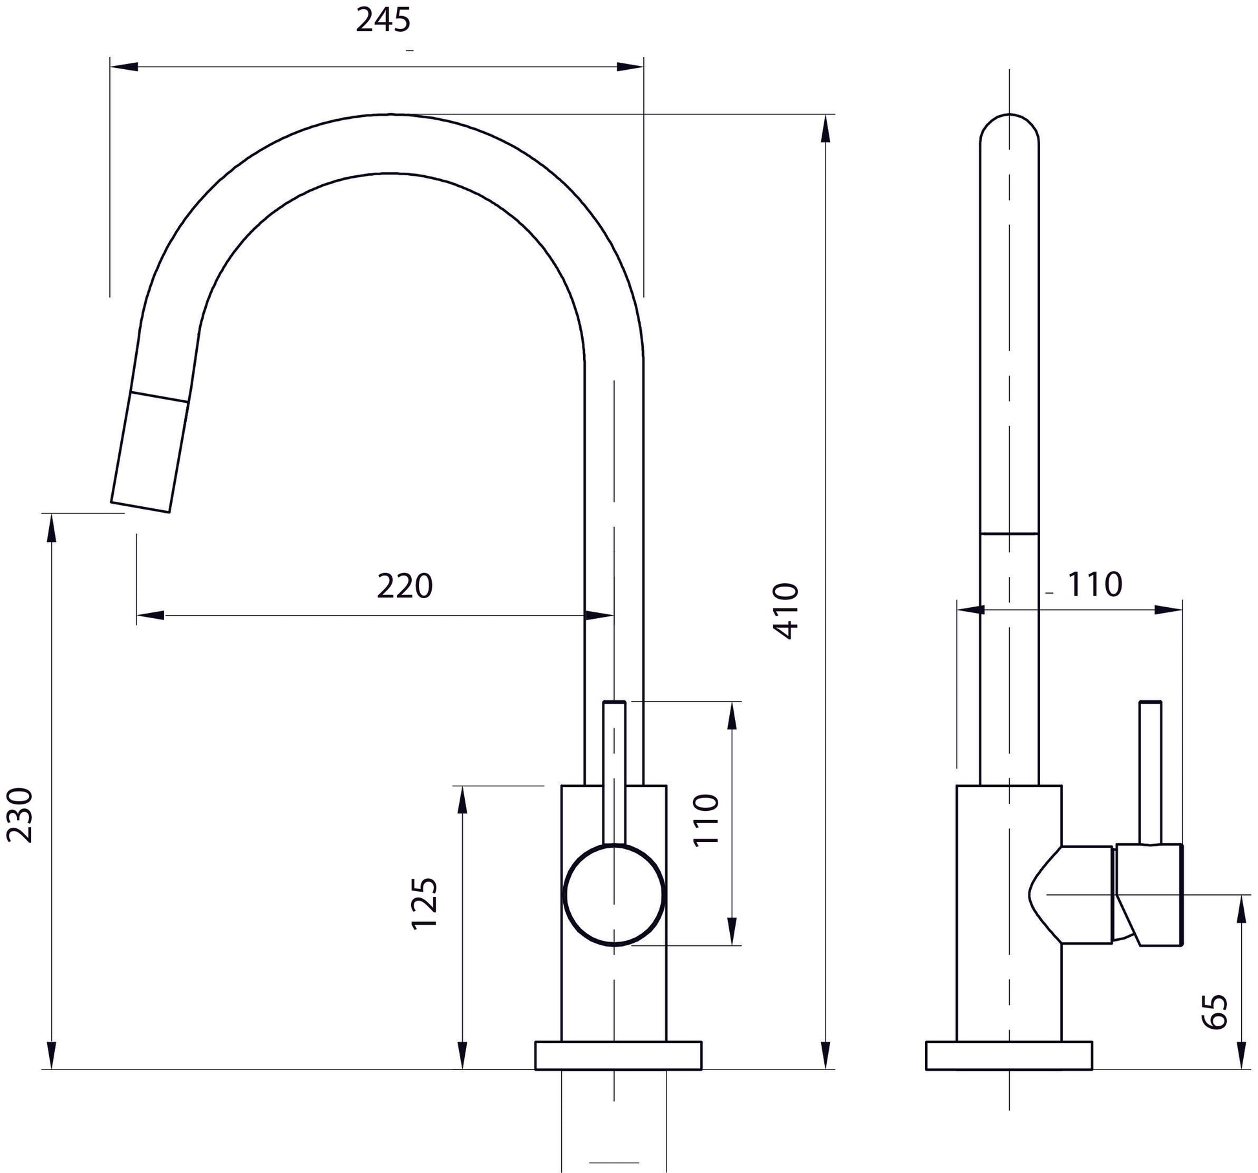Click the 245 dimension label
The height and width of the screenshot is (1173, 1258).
pos(383,21)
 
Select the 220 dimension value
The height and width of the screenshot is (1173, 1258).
pos(405,586)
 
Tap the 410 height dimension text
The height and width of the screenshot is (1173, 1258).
pos(787,611)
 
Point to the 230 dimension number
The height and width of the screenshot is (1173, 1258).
pos(19,815)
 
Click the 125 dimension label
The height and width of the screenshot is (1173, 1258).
pos(425,903)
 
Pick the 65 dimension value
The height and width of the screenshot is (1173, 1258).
pos(1214,1011)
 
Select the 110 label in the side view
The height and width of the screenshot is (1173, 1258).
pos(1094,585)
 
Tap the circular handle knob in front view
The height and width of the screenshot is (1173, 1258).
pos(614,895)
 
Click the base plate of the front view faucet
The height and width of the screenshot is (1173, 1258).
pos(618,1055)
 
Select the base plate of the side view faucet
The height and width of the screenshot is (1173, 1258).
pos(1008,1055)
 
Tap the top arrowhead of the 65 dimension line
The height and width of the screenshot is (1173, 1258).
pos(1241,909)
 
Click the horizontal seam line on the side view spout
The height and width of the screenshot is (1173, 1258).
pos(1009,534)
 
